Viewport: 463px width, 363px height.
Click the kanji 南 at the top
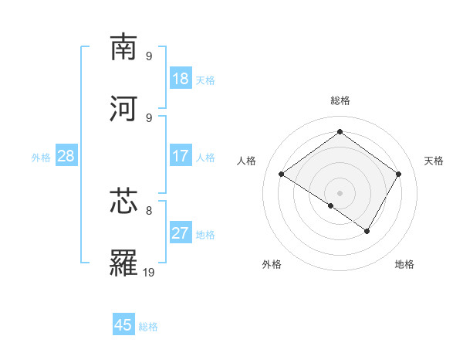point(124,47)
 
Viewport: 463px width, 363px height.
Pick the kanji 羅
point(124,263)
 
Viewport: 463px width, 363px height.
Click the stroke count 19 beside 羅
point(149,272)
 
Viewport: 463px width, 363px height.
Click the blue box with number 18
point(180,79)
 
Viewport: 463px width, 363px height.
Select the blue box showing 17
point(180,156)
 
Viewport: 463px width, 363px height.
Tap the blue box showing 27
point(180,233)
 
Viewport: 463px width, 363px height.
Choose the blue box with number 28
point(66,156)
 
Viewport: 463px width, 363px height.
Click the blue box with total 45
point(123,325)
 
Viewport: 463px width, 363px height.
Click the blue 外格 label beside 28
point(41,157)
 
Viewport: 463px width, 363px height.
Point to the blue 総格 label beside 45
point(148,326)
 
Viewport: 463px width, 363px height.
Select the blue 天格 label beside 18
point(205,80)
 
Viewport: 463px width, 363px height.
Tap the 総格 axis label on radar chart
point(340,100)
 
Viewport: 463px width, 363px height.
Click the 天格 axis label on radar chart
point(434,161)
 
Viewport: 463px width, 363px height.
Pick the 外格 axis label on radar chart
point(272,264)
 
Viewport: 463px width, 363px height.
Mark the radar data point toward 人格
point(282,175)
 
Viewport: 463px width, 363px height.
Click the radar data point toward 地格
point(367,231)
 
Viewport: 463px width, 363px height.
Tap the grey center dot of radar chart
point(340,192)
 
